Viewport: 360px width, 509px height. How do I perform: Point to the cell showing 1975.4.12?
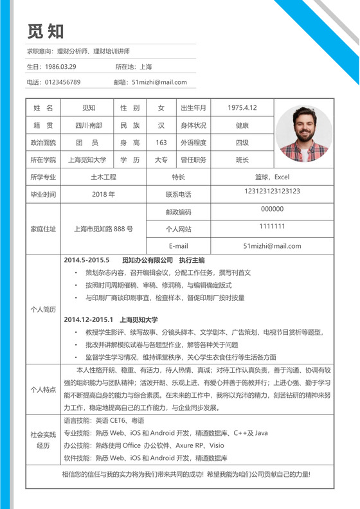[242, 108]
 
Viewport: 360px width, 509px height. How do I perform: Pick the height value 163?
[161, 143]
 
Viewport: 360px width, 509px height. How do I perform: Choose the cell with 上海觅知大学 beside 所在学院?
[87, 159]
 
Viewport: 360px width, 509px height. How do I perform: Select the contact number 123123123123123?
[273, 191]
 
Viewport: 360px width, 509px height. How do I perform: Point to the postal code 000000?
[273, 209]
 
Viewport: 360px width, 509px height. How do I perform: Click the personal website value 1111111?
[273, 226]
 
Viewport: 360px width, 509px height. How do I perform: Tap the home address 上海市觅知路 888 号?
[104, 229]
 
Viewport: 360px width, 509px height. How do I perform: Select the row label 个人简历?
[44, 309]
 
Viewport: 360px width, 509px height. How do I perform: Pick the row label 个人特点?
[44, 390]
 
